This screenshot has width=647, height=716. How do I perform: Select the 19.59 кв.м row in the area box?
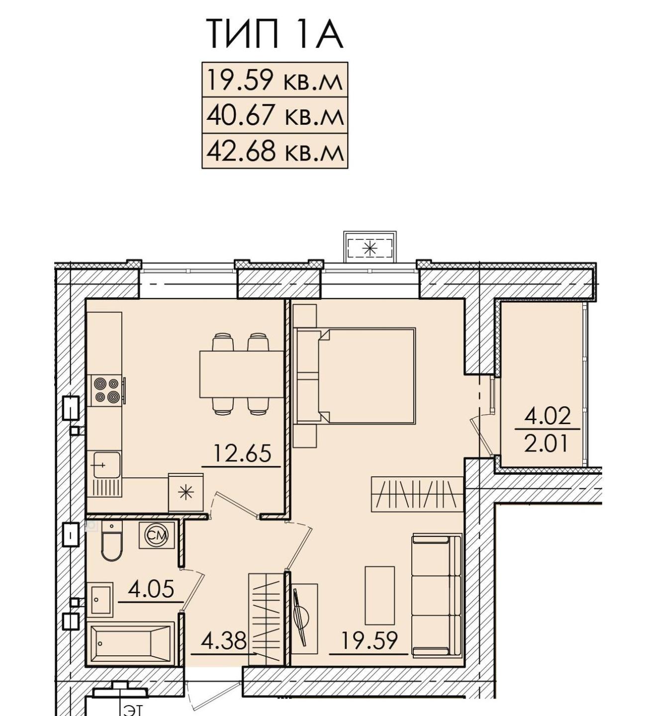click(275, 80)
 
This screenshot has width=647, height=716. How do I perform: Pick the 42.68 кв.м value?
click(275, 151)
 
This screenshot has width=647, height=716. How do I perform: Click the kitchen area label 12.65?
click(242, 453)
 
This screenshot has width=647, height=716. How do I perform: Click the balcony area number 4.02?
click(548, 416)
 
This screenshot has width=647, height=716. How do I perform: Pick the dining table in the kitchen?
click(242, 374)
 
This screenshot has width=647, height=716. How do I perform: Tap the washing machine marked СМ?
click(157, 535)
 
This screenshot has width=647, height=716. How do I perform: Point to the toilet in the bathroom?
click(112, 540)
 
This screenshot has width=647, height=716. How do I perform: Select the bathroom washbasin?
click(100, 600)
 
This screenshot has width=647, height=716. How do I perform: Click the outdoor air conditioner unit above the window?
click(370, 248)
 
